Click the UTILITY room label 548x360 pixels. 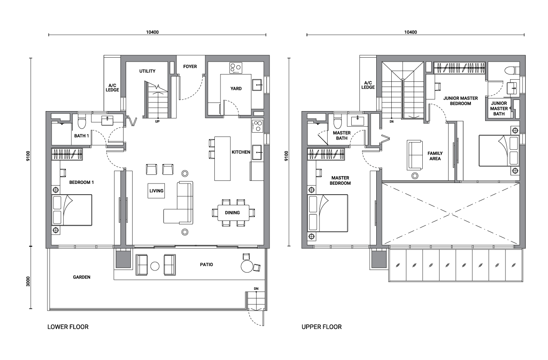click(147, 71)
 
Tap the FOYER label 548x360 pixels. click(190, 67)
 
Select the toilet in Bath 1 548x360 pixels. click(81, 121)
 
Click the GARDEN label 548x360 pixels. click(82, 277)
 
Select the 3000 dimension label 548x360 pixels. click(28, 282)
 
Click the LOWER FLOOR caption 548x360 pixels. click(68, 327)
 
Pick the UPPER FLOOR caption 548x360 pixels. click(322, 327)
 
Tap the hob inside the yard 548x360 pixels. click(236, 68)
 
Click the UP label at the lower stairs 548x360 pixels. click(157, 121)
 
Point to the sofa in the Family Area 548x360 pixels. click(415, 155)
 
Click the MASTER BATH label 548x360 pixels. click(342, 136)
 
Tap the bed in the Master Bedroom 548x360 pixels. click(328, 213)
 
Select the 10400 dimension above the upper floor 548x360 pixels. click(411, 32)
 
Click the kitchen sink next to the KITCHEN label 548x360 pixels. click(257, 152)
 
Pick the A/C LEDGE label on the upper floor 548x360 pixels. click(368, 85)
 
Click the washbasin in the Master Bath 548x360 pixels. click(357, 121)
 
